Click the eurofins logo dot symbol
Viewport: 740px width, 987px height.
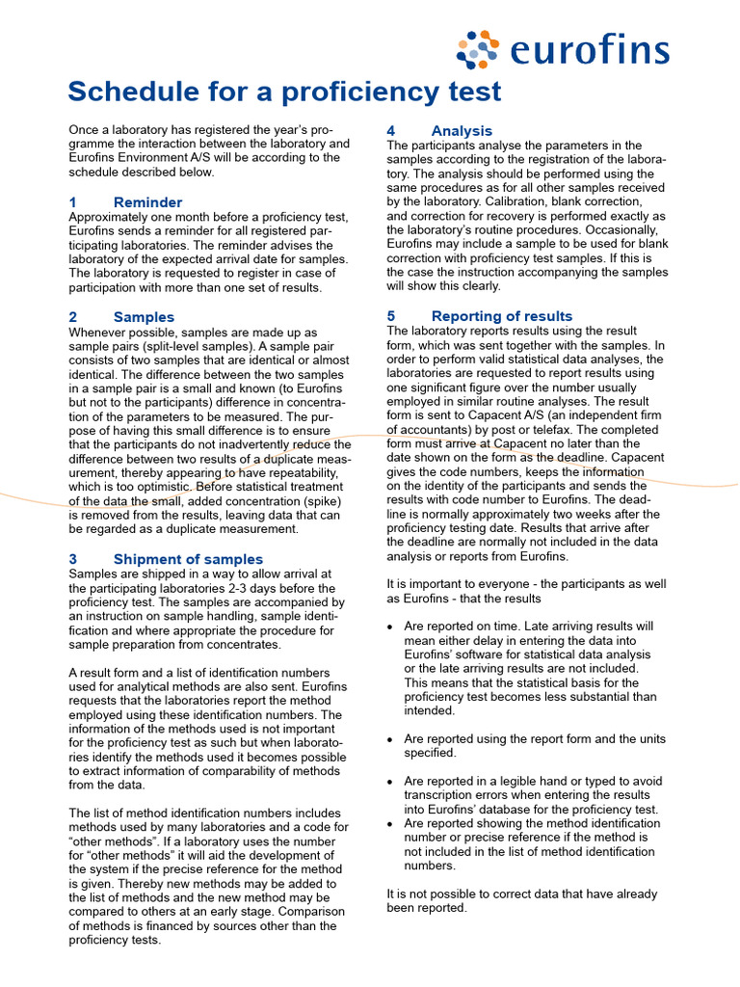478,50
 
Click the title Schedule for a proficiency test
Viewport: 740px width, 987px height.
284,92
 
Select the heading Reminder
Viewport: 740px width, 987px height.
147,202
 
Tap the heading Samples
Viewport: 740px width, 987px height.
144,317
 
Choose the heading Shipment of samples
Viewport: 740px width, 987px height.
188,559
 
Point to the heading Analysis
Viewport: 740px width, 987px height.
462,131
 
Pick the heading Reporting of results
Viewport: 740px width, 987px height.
501,316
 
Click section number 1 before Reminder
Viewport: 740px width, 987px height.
72,202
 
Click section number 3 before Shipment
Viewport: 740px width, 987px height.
73,559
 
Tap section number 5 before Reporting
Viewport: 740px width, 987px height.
391,316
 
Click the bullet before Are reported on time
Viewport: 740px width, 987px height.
389,627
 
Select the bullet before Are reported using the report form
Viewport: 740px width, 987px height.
389,739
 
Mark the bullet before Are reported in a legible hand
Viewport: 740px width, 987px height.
389,782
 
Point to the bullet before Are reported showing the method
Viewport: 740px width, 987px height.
389,824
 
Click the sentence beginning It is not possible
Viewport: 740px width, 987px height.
523,900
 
